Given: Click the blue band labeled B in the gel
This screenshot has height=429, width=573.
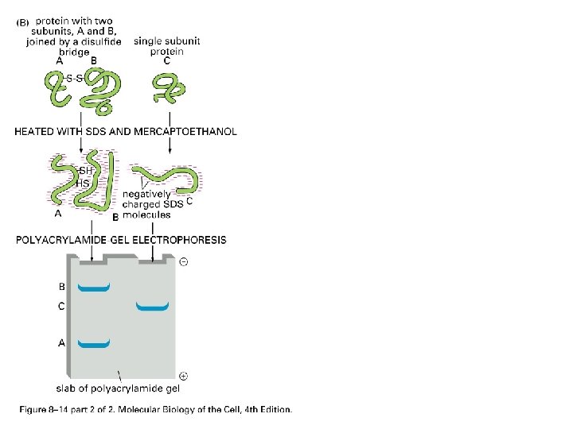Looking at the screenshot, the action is tap(93, 288).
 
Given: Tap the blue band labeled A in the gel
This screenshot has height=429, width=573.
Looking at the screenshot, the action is tap(93, 344).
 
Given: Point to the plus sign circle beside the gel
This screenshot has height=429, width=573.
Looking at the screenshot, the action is tap(184, 375).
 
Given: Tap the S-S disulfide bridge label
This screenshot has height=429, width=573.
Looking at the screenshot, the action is tap(76, 78).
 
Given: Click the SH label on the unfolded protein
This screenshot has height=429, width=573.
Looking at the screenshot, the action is tap(86, 171).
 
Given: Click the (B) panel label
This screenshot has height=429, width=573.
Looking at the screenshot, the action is tap(25, 21).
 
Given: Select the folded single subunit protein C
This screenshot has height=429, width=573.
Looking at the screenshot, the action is tap(166, 88).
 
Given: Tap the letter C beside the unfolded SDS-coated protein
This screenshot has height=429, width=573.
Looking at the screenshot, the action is tap(189, 203).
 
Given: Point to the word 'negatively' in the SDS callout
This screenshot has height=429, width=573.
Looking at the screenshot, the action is tap(146, 194).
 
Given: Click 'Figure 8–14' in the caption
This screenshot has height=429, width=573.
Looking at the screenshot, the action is tap(41, 410).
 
